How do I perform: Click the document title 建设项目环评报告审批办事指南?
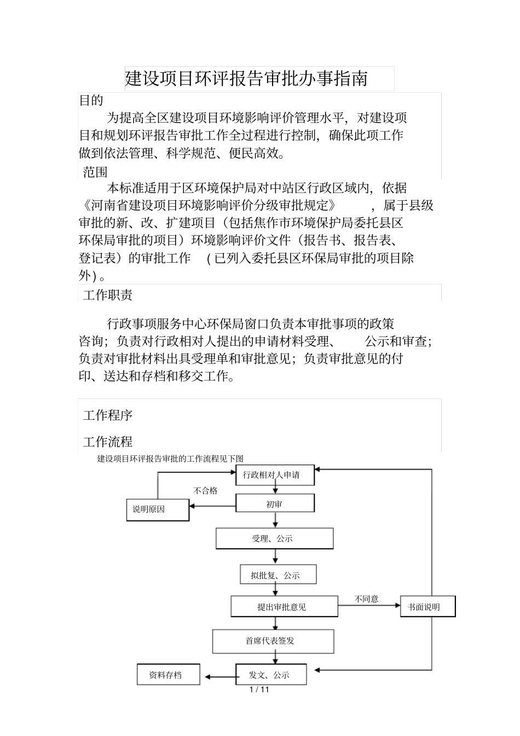tap(246, 79)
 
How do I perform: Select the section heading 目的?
tap(91, 100)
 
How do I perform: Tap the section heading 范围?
tap(95, 172)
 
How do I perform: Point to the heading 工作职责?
tap(108, 295)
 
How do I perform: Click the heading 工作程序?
tap(108, 415)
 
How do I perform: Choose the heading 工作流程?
tap(108, 442)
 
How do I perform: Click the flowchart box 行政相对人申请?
tap(275, 475)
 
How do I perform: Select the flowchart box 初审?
tap(275, 503)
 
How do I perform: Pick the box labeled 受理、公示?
tap(274, 538)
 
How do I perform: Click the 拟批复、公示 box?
tap(278, 575)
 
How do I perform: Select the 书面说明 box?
tap(427, 606)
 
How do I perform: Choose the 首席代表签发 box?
tap(273, 641)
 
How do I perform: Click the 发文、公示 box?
tap(271, 675)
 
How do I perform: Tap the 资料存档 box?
tap(168, 675)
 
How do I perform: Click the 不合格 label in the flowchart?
tap(206, 491)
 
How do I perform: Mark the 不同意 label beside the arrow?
tap(366, 599)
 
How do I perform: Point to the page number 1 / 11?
tap(259, 689)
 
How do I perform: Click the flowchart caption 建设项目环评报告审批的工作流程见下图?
tap(170, 459)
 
